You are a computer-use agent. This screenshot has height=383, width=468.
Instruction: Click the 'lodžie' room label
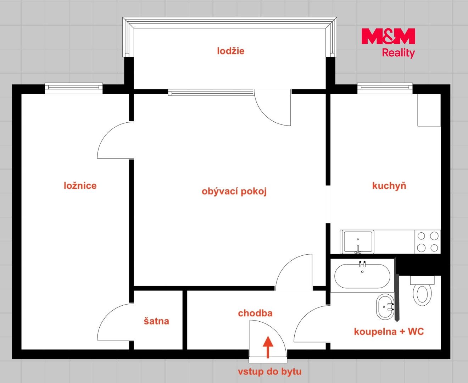tap(230, 51)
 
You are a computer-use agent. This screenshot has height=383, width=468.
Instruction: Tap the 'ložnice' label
tap(80, 185)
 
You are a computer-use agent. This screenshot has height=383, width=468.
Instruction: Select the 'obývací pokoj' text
tap(234, 191)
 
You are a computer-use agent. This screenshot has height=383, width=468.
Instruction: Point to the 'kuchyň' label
tap(389, 185)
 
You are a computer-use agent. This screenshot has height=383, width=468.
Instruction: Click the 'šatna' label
tap(156, 321)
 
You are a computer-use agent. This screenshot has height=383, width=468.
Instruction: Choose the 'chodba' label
tap(255, 313)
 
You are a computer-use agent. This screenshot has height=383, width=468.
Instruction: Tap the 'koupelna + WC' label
tap(389, 332)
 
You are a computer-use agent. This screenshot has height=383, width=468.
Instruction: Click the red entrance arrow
tap(268, 347)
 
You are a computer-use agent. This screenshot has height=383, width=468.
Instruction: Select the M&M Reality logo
tap(388, 43)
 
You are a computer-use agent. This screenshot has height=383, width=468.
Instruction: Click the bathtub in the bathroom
tap(362, 276)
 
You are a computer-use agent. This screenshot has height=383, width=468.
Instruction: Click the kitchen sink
tap(358, 242)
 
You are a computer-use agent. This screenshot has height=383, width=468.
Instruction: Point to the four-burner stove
tap(428, 242)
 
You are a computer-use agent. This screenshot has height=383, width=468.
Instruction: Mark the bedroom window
tap(74, 88)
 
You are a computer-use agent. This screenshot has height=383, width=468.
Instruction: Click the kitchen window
tap(385, 88)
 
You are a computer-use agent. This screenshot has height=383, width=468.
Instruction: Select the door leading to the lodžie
tap(272, 107)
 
